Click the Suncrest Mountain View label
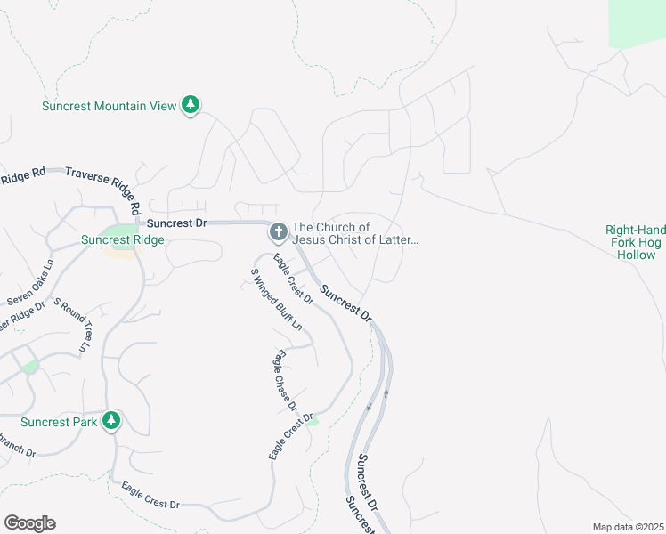pos(110,106)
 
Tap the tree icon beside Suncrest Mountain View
pos(190,105)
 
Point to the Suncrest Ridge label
pos(122,240)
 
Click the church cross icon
pos(278,233)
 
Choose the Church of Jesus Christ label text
pos(354,233)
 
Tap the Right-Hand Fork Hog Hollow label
pos(636,242)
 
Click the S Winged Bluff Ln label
pos(276,299)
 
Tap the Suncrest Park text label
pos(58,422)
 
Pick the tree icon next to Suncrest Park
pos(111,420)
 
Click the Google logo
pos(29,523)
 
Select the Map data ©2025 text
pos(627,527)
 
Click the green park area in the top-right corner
pos(637,22)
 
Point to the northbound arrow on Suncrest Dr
pos(386,392)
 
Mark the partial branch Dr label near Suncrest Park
pos(18,445)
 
